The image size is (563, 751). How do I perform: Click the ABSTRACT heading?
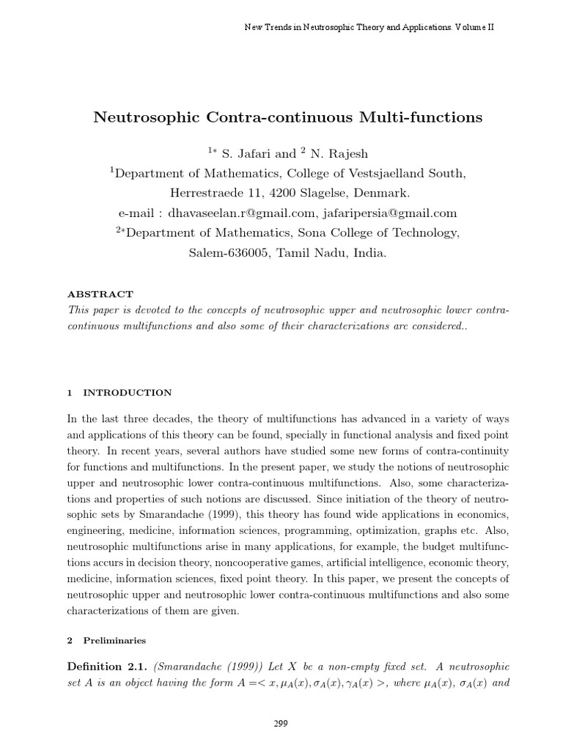coord(100,294)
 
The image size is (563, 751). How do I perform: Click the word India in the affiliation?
coord(367,253)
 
